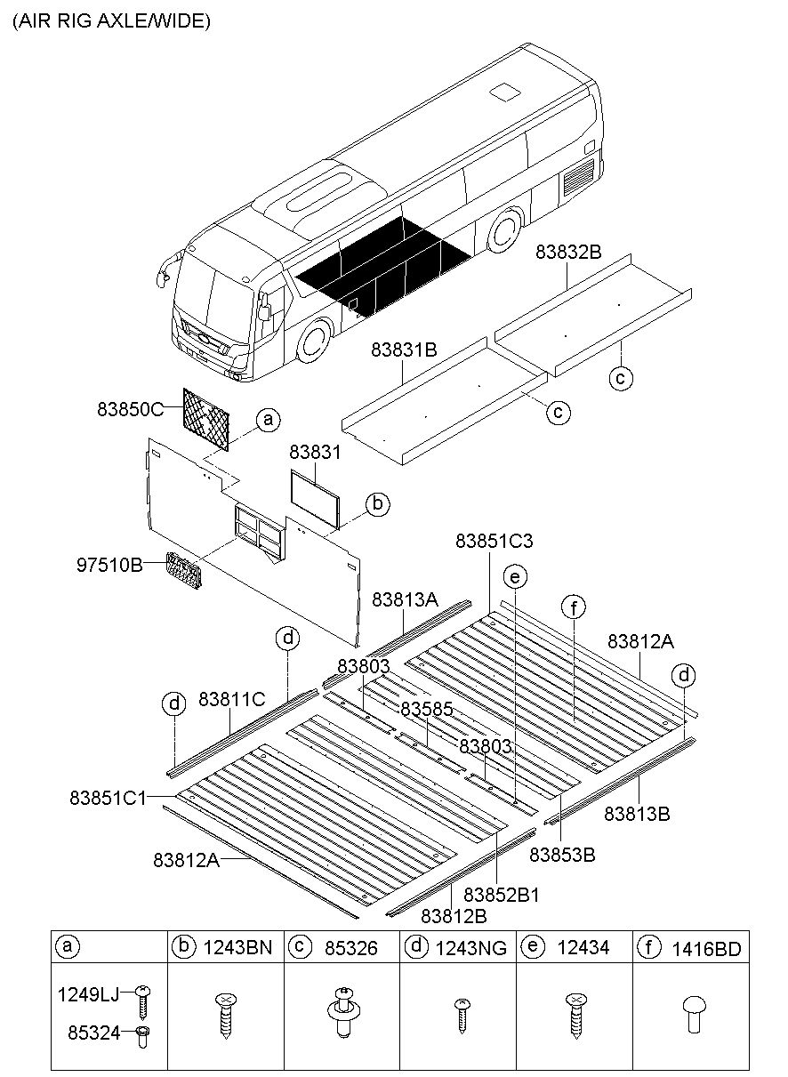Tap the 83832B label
click(568, 252)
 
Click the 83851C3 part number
click(495, 541)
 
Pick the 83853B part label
click(562, 855)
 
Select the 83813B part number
click(638, 813)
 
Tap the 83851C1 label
click(107, 798)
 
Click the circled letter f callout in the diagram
click(575, 608)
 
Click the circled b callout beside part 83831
click(377, 505)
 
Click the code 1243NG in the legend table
click(471, 949)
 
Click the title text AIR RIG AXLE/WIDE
click(111, 21)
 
